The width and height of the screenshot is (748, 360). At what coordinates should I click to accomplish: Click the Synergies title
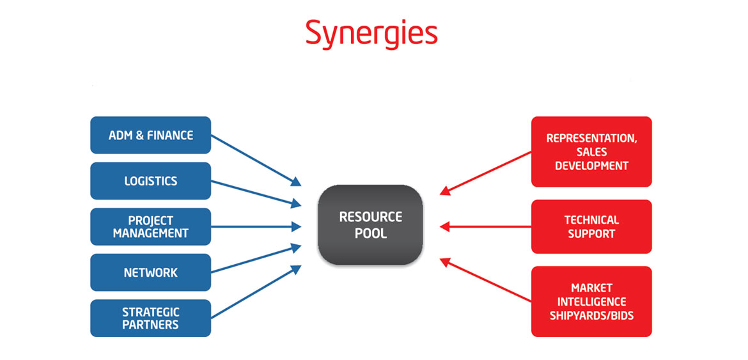click(371, 33)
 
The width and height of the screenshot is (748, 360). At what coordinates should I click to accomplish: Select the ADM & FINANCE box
click(150, 135)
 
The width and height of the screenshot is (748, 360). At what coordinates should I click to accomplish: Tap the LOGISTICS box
click(150, 181)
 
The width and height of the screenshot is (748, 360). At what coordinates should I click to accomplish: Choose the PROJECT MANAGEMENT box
click(150, 226)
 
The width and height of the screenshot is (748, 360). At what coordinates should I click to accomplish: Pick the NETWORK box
click(150, 272)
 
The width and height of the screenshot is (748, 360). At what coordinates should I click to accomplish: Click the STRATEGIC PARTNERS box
click(150, 318)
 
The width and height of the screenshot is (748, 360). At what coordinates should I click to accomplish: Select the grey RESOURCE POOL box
click(371, 224)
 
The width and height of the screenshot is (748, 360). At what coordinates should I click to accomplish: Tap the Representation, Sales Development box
click(591, 152)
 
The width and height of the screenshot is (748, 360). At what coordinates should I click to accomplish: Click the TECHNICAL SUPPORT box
click(591, 226)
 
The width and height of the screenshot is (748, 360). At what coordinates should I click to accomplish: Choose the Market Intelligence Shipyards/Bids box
click(591, 301)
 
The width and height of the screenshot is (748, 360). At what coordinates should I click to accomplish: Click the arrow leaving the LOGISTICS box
click(256, 193)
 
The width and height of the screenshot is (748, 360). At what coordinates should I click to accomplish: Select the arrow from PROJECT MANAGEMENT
click(256, 226)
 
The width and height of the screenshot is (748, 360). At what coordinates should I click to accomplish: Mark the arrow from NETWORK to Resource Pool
click(256, 258)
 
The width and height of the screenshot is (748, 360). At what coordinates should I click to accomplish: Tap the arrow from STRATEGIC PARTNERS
click(256, 292)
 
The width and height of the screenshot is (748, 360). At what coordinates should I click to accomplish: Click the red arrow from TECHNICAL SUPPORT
click(486, 226)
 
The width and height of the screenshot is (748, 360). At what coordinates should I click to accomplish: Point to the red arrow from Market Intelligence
click(486, 279)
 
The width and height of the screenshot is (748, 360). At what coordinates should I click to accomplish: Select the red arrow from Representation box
click(486, 173)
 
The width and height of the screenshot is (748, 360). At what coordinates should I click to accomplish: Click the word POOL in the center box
click(371, 233)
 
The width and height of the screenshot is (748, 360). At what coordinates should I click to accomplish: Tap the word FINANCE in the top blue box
click(169, 135)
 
